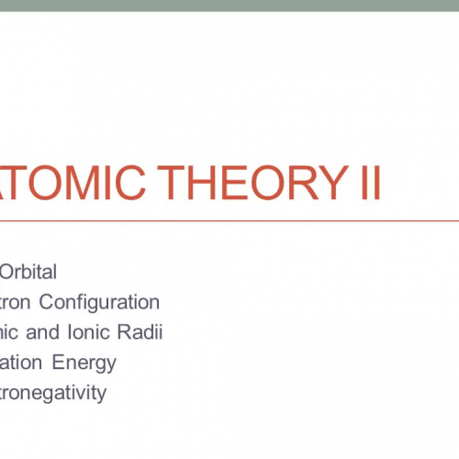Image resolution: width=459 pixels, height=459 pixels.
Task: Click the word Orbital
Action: [28, 272]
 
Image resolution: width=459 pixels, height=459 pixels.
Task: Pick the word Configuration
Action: [104, 302]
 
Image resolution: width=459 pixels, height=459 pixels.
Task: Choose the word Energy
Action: [84, 363]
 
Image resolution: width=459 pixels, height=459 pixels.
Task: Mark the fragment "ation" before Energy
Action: [22, 363]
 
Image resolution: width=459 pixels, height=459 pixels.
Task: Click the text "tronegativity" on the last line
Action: [53, 394]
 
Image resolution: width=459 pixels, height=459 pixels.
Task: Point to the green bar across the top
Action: [229, 6]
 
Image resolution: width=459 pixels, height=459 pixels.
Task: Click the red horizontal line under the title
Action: [229, 221]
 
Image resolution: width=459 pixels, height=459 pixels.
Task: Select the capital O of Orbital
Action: [7, 272]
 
